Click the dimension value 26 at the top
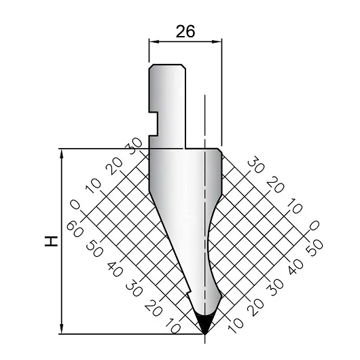185,31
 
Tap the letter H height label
51,241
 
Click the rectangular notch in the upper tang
154,124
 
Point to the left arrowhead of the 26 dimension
154,41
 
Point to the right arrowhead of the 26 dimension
217,41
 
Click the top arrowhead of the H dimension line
61,154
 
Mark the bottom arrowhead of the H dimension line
61,329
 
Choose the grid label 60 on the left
75,230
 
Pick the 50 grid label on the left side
94,249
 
